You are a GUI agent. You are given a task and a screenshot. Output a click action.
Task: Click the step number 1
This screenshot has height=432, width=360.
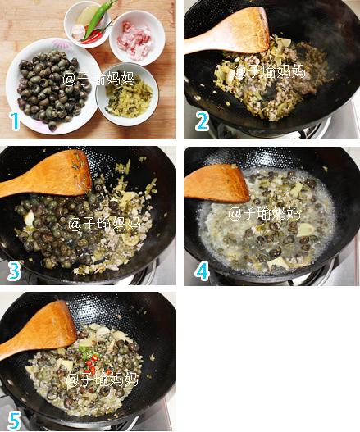click(x=15, y=121)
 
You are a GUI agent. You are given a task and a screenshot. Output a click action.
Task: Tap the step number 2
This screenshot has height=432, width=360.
click(x=202, y=121)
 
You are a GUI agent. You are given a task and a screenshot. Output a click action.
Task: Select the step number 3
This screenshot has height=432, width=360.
click(x=14, y=271)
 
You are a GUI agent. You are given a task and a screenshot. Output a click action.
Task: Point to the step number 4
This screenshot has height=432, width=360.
click(x=202, y=271)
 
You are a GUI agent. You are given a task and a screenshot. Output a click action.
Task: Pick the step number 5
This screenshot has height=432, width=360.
click(x=14, y=421)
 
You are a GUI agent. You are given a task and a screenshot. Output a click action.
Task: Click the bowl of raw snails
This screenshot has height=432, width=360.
click(x=53, y=86)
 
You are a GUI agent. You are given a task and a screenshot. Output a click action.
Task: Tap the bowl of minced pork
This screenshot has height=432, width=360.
click(x=137, y=38)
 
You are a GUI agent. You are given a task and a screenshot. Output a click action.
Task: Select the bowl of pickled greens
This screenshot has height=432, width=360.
click(x=127, y=94)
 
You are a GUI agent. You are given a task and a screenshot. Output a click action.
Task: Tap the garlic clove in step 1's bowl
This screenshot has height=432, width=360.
click(x=77, y=32)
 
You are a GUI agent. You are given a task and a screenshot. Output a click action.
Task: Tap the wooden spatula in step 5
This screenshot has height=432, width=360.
click(x=39, y=330)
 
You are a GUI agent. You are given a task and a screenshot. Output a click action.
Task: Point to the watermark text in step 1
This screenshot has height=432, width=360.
click(x=98, y=79)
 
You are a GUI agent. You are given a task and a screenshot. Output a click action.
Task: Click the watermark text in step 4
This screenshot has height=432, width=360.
click(x=264, y=213)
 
